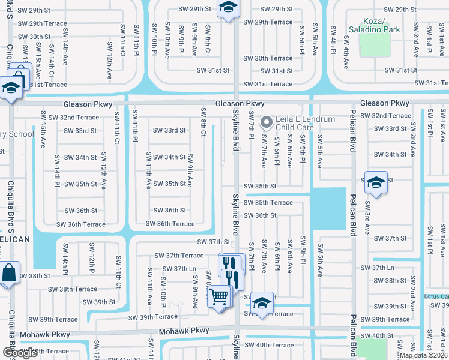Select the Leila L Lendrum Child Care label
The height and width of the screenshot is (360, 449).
pos(305,124)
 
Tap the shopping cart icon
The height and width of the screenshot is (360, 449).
pos(219,296)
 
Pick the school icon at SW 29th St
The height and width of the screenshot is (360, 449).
pos(228,8)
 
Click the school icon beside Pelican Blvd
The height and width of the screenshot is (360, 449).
pos(376,183)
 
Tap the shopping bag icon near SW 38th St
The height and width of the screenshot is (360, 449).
pos(8,274)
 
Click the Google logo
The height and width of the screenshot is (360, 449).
pos(19,353)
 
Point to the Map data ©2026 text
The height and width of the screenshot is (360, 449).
pos(424,355)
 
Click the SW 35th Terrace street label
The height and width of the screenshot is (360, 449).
pos(268,202)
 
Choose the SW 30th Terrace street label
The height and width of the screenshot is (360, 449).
pos(268,58)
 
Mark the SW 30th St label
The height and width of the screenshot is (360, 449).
pos(34,37)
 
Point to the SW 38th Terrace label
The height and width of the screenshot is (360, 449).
pos(73,289)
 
